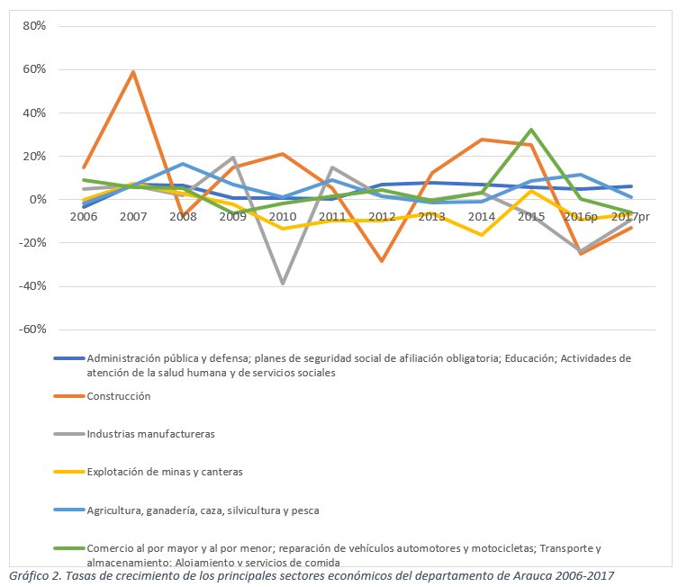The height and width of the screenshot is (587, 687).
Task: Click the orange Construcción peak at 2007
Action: tap(133, 72)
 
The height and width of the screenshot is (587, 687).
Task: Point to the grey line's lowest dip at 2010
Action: tap(283, 284)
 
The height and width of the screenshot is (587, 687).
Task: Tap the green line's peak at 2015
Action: tap(531, 130)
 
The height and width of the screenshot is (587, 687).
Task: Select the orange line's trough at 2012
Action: tap(382, 261)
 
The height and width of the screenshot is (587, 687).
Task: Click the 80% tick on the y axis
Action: tap(33, 26)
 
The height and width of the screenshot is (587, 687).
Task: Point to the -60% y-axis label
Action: tap(32, 330)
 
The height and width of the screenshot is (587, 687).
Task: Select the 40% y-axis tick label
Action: tap(33, 113)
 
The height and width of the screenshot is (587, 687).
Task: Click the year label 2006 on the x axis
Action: tap(84, 217)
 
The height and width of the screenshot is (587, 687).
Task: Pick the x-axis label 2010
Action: tap(283, 217)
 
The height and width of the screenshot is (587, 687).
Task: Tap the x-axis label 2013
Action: tap(432, 217)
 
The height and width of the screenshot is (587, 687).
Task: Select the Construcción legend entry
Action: tap(118, 396)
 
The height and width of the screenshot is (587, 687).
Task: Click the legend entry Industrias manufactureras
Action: tap(150, 434)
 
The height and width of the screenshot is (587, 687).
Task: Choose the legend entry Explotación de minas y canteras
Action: tap(165, 472)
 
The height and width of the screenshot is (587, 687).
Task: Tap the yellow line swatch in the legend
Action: tap(68, 472)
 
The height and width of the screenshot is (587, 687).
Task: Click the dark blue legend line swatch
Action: tap(68, 357)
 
